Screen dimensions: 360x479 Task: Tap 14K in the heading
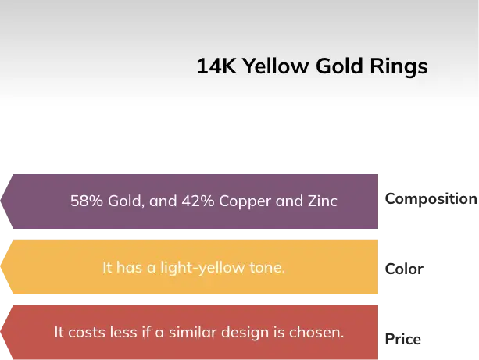[216, 67]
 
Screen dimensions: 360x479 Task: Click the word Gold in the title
[338, 67]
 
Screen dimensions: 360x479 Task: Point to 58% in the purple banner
[85, 201]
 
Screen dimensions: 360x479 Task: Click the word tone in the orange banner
[267, 268]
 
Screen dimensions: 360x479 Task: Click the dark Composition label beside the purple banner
[430, 198]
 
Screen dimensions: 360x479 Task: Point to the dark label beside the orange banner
[403, 269]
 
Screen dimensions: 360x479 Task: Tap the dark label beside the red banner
[403, 340]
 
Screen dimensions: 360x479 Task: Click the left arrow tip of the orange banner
[3, 267]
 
